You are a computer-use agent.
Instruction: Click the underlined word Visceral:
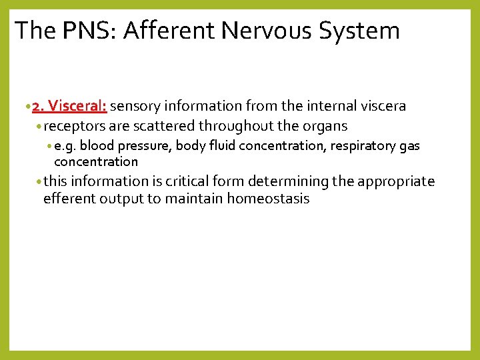coord(77,107)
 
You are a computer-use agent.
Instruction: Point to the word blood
coord(98,146)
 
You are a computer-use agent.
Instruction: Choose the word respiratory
coord(366,146)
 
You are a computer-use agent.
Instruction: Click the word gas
coord(409,147)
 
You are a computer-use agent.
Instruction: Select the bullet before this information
coord(40,182)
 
